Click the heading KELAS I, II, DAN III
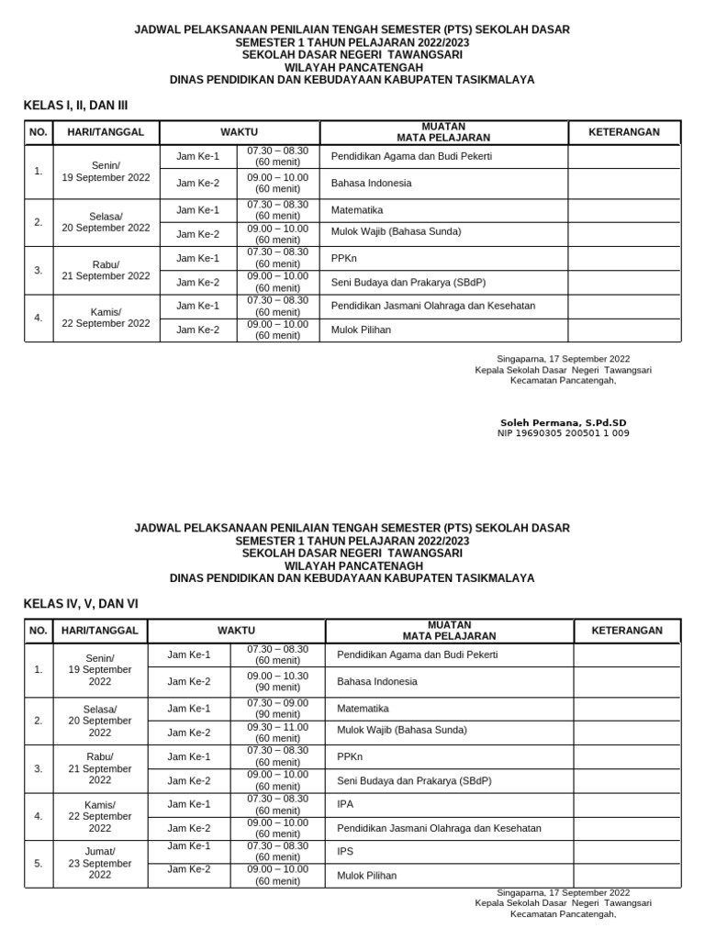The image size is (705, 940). click(x=75, y=106)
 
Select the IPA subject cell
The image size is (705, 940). click(x=345, y=804)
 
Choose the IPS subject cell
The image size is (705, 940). click(x=345, y=852)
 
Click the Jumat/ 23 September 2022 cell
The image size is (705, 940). click(x=100, y=863)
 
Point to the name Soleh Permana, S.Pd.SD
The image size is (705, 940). click(x=564, y=422)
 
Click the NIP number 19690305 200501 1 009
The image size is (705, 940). click(x=564, y=433)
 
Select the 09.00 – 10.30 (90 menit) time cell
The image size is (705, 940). click(x=277, y=680)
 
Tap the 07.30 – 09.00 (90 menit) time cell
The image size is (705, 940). click(x=277, y=708)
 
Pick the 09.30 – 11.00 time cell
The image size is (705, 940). click(x=277, y=732)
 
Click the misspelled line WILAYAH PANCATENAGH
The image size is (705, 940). click(x=352, y=566)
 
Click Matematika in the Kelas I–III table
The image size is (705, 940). click(x=357, y=210)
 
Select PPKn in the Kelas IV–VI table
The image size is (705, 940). click(x=350, y=757)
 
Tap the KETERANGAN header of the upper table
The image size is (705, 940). click(x=624, y=132)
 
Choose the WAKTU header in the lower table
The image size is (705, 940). click(x=236, y=631)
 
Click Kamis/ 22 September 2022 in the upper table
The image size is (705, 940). click(x=106, y=317)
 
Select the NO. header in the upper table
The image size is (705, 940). click(x=38, y=132)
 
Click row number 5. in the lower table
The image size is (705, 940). click(x=38, y=863)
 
